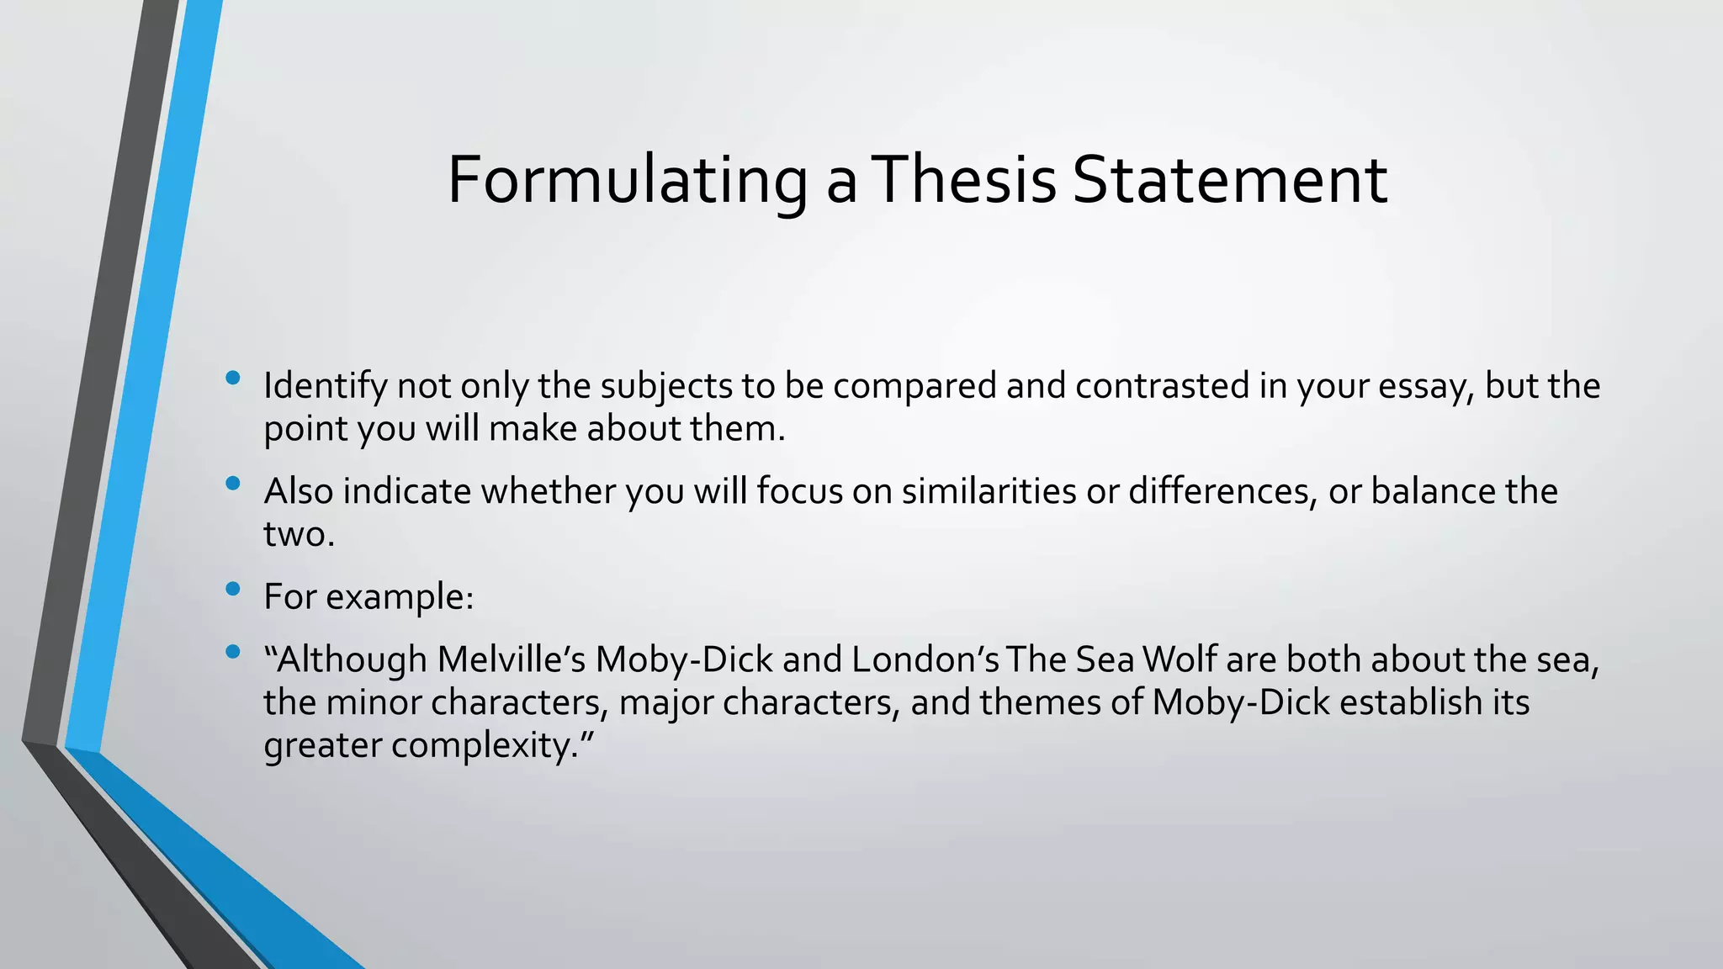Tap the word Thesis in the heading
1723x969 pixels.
point(964,180)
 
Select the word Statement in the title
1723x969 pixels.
point(1230,180)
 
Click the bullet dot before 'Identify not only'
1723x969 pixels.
point(233,379)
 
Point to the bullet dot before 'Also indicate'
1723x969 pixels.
point(233,484)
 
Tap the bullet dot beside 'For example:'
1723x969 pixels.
point(233,589)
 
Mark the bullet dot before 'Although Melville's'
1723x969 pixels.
point(233,652)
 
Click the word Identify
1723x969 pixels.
point(325,386)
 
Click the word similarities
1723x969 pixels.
point(989,491)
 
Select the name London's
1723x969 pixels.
point(925,659)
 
